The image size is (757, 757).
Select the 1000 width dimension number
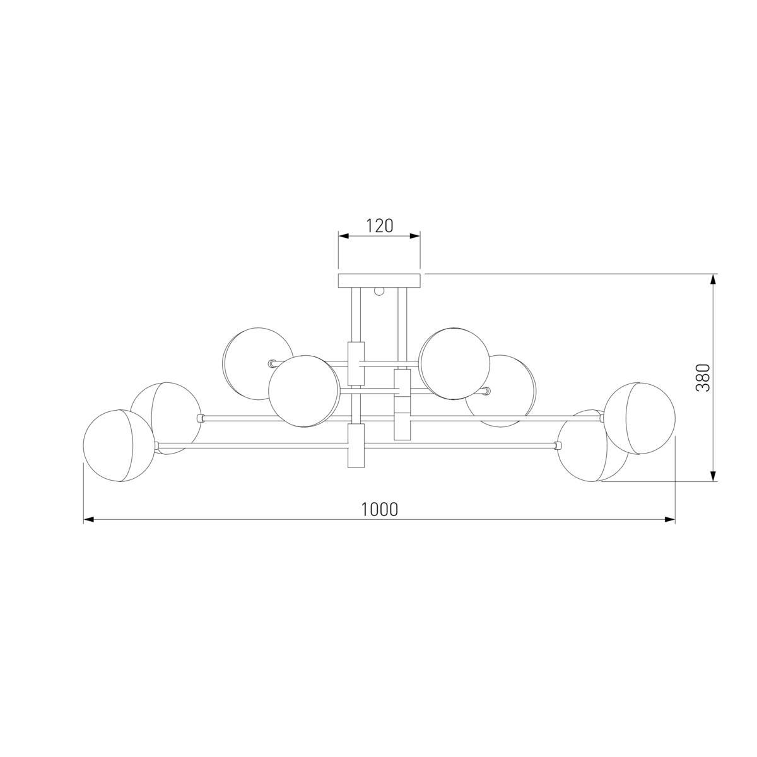click(380, 510)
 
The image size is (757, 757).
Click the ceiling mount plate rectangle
click(379, 281)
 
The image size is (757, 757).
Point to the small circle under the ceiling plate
click(379, 291)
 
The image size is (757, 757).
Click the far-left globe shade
click(119, 446)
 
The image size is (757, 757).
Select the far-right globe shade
click(640, 418)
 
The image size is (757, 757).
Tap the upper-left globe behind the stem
click(257, 364)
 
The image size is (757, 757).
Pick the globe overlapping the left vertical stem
click(303, 391)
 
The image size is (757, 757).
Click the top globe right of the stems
click(454, 363)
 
